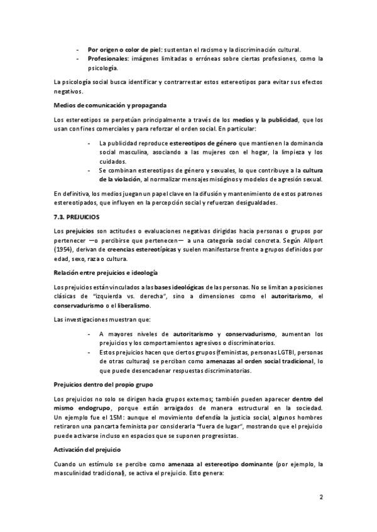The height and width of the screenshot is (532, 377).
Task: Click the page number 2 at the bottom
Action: tap(321, 499)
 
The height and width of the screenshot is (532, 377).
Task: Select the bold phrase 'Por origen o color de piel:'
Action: tap(125, 49)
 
